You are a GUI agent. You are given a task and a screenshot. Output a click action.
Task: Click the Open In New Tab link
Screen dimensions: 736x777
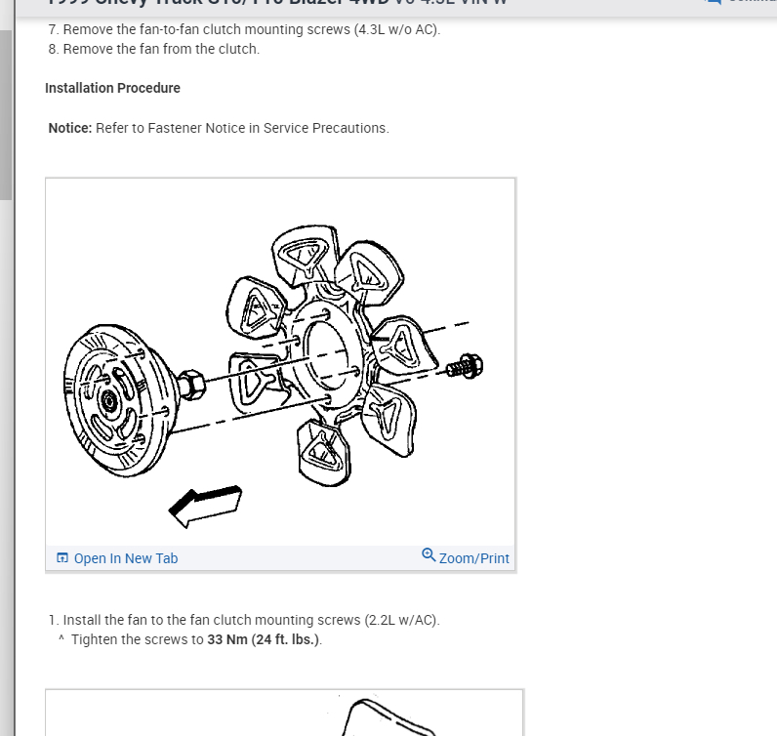click(x=125, y=558)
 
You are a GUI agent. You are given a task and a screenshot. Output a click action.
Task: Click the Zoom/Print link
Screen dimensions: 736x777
click(x=474, y=558)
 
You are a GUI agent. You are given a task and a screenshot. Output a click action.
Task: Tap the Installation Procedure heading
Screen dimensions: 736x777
click(x=112, y=88)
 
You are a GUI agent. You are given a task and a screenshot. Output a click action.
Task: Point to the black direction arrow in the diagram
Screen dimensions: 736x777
click(x=204, y=501)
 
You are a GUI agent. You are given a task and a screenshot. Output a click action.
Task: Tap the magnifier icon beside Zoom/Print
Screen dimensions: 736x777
click(x=429, y=555)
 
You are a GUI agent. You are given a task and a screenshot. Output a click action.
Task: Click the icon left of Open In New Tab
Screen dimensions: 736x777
click(x=62, y=558)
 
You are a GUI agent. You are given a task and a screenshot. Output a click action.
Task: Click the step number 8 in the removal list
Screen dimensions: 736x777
click(x=52, y=49)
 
